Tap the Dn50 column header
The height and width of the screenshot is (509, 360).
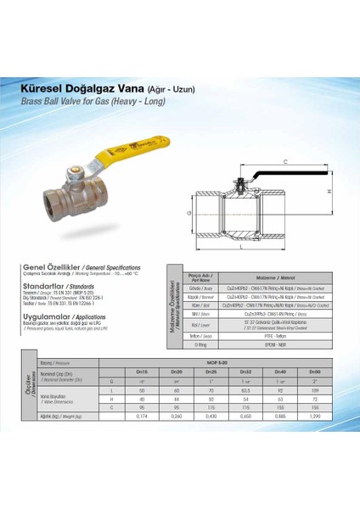pos(314,372)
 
